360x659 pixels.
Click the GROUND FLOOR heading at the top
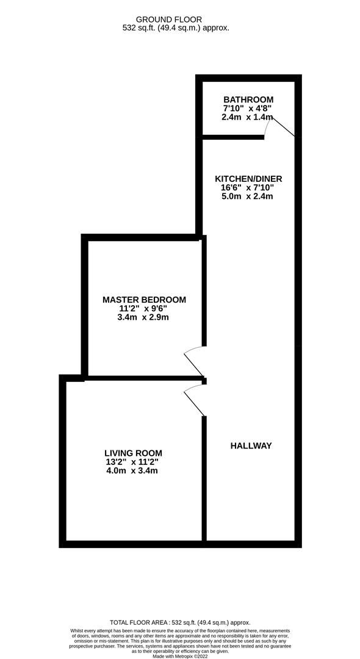(169, 20)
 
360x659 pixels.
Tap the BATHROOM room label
(248, 100)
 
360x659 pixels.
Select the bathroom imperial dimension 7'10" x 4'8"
(248, 109)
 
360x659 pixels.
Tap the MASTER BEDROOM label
(144, 300)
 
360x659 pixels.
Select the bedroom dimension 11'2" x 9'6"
(144, 309)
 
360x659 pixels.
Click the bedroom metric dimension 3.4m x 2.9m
(144, 317)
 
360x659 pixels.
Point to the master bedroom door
(195, 361)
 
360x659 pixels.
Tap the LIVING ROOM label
(133, 453)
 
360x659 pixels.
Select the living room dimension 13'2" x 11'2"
(133, 463)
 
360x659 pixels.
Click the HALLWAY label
(251, 446)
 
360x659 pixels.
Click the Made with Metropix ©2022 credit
(180, 656)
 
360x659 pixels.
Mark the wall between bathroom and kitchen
(233, 137)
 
